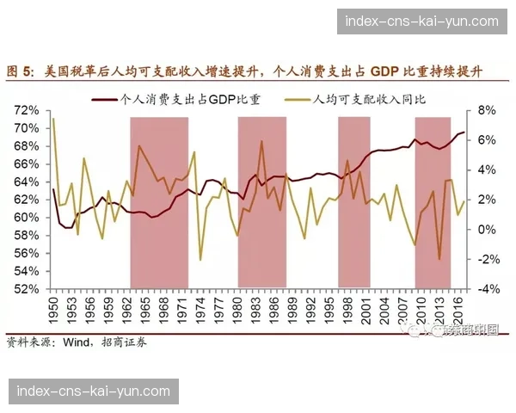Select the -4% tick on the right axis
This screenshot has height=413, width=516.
click(x=487, y=289)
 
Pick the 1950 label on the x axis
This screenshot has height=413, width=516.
click(x=53, y=311)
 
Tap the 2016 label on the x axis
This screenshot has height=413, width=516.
click(x=460, y=311)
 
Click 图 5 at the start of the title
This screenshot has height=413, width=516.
click(x=19, y=71)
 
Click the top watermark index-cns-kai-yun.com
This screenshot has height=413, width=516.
click(x=421, y=21)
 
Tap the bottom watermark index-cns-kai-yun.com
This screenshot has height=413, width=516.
click(x=93, y=391)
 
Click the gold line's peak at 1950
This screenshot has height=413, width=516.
click(x=53, y=120)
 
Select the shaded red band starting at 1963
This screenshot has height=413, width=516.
click(x=159, y=202)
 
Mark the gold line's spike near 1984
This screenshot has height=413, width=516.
click(x=261, y=141)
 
